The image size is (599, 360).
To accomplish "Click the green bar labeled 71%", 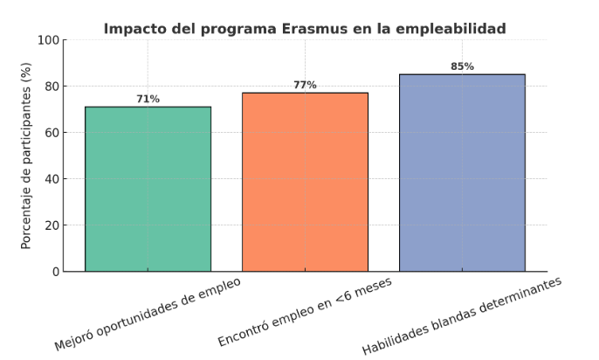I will point(148,189).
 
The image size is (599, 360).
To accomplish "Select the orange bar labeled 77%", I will point(305,182).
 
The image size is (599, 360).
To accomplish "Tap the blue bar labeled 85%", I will point(462,172).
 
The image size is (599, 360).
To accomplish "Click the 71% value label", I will point(148,100).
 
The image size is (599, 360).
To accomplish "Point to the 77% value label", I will point(305,86).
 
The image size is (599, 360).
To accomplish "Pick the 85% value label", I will point(462,66).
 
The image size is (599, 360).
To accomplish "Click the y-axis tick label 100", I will point(48,40).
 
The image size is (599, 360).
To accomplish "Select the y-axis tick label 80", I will point(52,87).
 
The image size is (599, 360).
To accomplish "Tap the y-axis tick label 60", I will point(52,133).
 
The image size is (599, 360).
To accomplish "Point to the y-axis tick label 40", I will point(52,179).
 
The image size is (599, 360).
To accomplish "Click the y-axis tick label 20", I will point(52,225).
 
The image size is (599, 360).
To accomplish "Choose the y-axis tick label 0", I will point(55,272).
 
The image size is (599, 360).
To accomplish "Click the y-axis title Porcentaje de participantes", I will point(26,156).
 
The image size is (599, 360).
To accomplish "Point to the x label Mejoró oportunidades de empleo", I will point(148,314).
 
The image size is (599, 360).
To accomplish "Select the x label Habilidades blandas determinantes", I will point(463,316).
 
